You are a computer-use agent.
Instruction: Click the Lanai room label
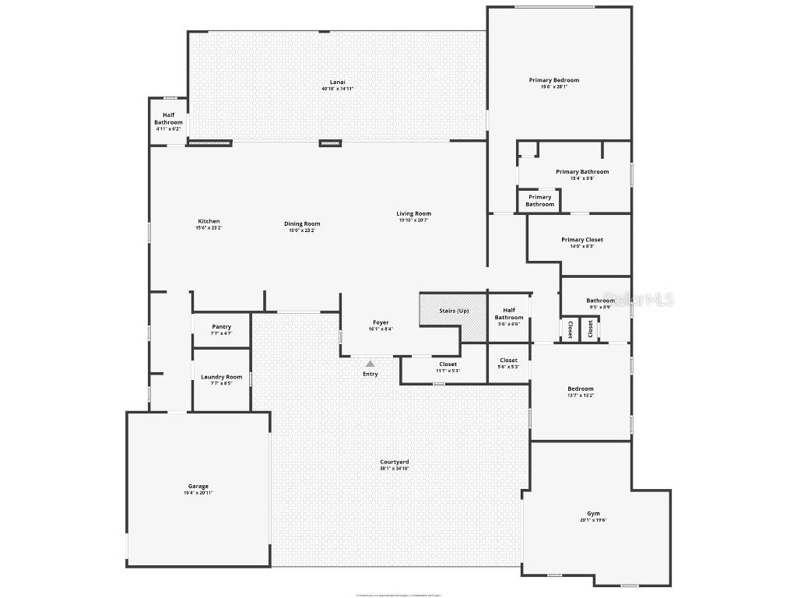337,82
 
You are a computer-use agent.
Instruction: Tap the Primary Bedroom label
553,80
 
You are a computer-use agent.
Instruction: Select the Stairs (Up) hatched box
453,316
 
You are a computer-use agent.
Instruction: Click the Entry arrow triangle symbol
370,364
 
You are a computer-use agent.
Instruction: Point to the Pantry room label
221,327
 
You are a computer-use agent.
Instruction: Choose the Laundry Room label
221,377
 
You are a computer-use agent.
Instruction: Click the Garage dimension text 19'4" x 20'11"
198,493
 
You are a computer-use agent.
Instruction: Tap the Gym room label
593,513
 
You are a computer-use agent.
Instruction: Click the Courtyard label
394,462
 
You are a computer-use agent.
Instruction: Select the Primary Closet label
581,240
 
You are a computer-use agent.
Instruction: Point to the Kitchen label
209,221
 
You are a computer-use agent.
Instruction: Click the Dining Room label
302,223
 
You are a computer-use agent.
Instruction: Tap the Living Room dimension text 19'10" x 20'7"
413,220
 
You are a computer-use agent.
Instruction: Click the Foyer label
380,322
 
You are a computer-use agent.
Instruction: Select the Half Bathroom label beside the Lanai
168,118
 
